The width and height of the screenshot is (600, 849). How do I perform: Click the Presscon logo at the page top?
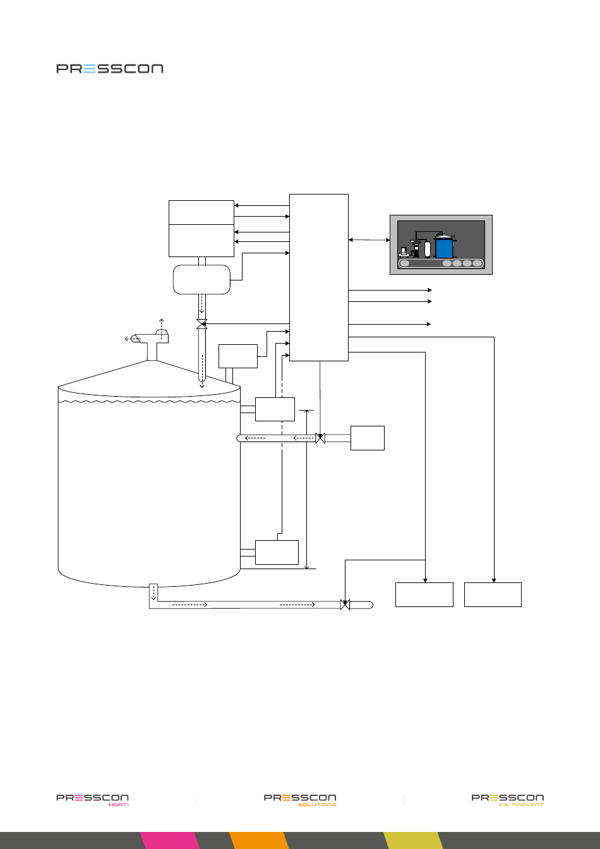tap(110, 69)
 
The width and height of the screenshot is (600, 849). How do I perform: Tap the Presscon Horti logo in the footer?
tap(92, 800)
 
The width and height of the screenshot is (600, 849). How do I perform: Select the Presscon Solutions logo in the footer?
tap(300, 800)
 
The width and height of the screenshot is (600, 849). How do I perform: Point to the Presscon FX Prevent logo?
tap(508, 800)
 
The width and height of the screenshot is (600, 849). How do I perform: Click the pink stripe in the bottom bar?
tap(170, 840)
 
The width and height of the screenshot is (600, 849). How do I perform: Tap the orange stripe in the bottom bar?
tap(259, 840)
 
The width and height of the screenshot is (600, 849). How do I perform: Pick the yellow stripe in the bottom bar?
tap(414, 840)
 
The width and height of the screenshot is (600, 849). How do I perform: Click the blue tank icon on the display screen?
tap(444, 248)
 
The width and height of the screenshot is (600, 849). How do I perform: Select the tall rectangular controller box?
tap(319, 277)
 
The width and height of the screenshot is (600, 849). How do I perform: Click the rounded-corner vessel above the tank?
tap(201, 279)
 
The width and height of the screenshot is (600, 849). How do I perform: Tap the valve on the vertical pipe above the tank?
tap(202, 324)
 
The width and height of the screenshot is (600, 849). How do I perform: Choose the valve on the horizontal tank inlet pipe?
tap(320, 438)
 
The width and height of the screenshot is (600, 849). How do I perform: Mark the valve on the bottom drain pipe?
tap(345, 605)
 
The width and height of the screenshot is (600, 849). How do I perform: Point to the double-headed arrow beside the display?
tap(369, 240)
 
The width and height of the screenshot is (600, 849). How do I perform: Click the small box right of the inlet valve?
tap(368, 438)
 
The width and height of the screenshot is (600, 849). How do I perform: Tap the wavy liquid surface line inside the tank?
tap(149, 401)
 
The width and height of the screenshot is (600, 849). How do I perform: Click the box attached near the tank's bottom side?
tap(277, 552)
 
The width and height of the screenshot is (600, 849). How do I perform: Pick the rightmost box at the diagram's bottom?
tap(493, 594)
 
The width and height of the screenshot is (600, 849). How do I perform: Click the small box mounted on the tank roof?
tap(238, 356)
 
